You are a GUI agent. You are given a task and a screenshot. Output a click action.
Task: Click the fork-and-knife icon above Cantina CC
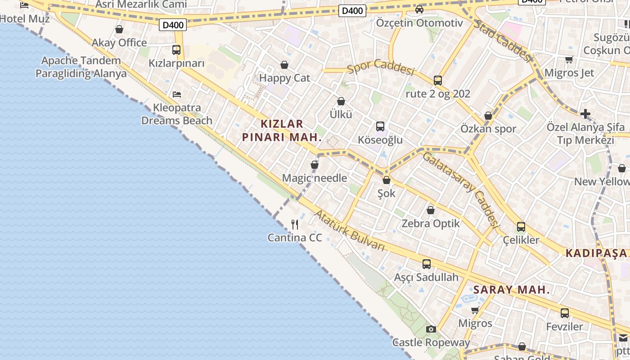tap(295, 224)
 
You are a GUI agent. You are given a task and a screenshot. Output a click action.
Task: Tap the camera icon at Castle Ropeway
tap(431, 329)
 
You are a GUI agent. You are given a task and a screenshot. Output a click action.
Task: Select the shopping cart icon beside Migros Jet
tap(569, 59)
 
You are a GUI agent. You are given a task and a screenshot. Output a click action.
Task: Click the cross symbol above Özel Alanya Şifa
tap(585, 114)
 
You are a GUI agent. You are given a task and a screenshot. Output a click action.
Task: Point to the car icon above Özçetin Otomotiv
tap(419, 9)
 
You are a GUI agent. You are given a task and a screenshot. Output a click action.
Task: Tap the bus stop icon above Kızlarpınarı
tap(176, 50)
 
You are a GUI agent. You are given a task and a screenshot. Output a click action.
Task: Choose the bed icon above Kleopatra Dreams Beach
tap(177, 94)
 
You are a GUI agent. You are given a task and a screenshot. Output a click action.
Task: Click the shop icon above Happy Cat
tap(284, 65)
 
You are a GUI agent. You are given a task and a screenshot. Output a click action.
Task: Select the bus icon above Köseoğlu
tap(380, 126)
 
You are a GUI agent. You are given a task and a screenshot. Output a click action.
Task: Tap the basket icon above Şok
tap(386, 180)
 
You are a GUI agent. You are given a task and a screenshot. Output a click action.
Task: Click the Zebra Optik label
tap(431, 224)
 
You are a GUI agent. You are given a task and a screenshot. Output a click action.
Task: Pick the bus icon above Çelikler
tap(521, 227)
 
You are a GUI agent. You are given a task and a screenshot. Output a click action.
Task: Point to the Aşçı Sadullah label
tap(426, 277)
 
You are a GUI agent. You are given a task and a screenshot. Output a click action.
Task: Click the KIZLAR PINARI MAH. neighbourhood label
tap(282, 130)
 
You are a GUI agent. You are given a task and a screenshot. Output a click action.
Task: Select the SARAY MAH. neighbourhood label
tap(511, 290)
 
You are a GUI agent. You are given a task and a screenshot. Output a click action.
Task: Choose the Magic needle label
tap(315, 178)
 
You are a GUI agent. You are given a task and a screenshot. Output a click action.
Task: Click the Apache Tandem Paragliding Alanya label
tap(81, 67)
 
